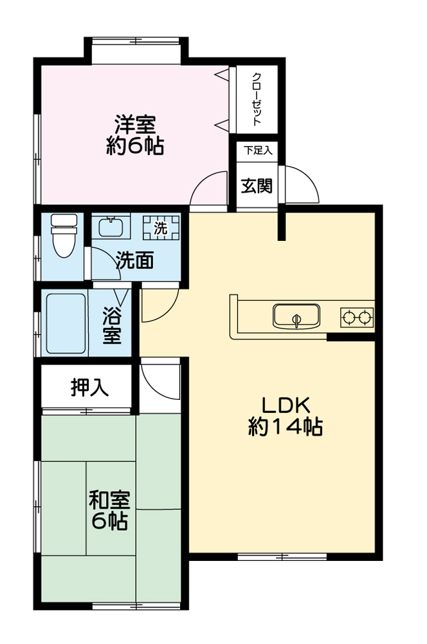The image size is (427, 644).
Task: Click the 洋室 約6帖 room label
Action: [x=134, y=135]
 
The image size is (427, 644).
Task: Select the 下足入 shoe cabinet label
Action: [x=258, y=151]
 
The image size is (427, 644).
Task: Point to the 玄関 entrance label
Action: [x=257, y=185]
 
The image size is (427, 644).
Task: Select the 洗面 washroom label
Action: [x=135, y=260]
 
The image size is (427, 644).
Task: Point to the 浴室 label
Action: [x=112, y=325]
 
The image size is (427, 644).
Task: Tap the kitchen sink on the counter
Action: [x=296, y=316]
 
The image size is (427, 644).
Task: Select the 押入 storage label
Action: [x=89, y=388]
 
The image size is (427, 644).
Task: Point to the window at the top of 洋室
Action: [x=136, y=41]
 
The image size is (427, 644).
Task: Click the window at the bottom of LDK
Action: [x=282, y=556]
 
